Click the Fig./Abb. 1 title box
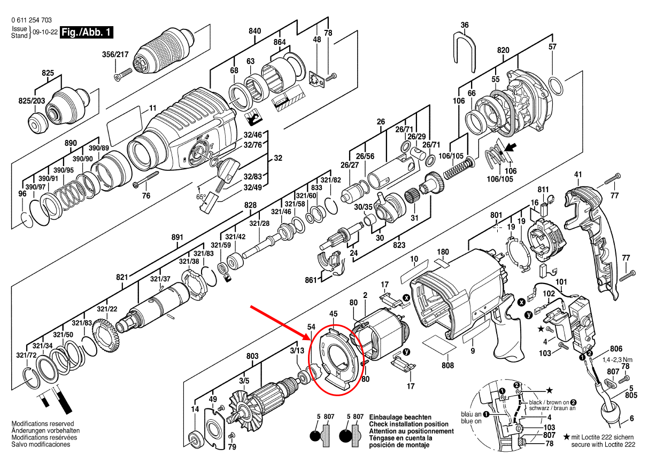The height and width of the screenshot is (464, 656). tap(86, 33)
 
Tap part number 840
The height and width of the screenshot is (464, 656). tap(254, 32)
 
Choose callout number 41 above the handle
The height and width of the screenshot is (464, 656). tap(577, 175)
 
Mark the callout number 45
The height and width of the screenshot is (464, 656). tap(333, 314)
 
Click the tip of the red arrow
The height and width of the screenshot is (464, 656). tap(312, 340)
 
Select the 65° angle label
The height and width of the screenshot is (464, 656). tap(202, 196)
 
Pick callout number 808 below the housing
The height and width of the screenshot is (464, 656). tap(447, 366)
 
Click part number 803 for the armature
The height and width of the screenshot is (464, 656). tap(252, 356)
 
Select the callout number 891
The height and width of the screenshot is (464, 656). tap(177, 237)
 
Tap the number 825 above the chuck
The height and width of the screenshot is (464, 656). tap(48, 72)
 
